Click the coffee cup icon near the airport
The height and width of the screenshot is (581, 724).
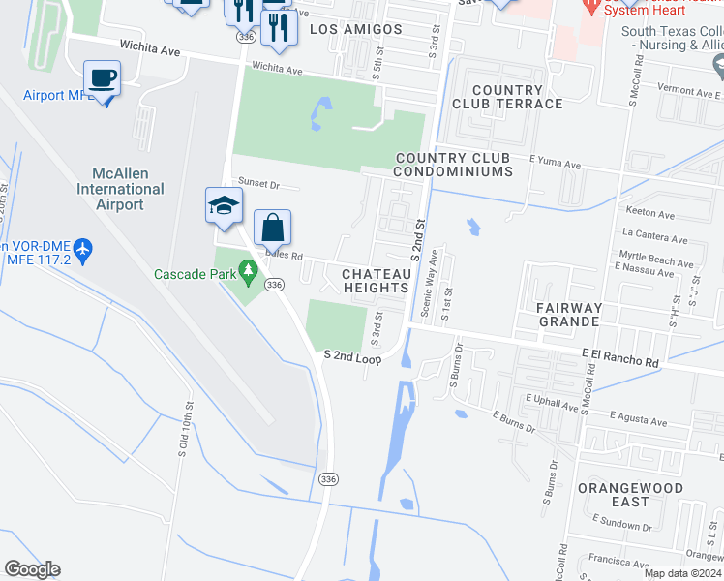[x=103, y=78]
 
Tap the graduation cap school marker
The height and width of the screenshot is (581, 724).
[x=223, y=205]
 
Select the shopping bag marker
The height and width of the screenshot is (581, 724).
[x=273, y=229]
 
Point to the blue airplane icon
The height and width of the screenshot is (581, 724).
[x=82, y=250]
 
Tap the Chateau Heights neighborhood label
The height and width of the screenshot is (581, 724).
[x=377, y=281]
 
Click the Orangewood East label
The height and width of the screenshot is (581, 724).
[x=630, y=495]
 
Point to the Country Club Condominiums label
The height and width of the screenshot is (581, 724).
[x=453, y=165]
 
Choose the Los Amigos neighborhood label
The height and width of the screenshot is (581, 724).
[x=355, y=29]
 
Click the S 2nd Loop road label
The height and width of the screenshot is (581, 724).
[x=352, y=357]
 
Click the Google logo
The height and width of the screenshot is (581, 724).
[x=32, y=569]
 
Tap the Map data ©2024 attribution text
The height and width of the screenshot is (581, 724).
[x=682, y=573]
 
